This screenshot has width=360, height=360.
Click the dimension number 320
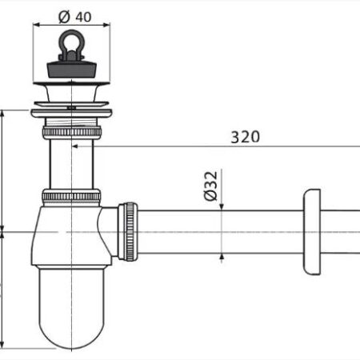pos(245,137)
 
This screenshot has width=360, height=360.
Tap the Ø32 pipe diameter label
pos(210,186)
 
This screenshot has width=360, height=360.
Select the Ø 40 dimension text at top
pos(75,17)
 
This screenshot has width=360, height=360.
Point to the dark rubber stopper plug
pos(71,70)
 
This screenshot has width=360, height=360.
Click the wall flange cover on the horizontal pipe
pos(312,232)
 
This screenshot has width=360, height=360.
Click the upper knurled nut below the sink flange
pos(72,132)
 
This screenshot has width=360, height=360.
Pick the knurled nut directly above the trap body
pos(71,197)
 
